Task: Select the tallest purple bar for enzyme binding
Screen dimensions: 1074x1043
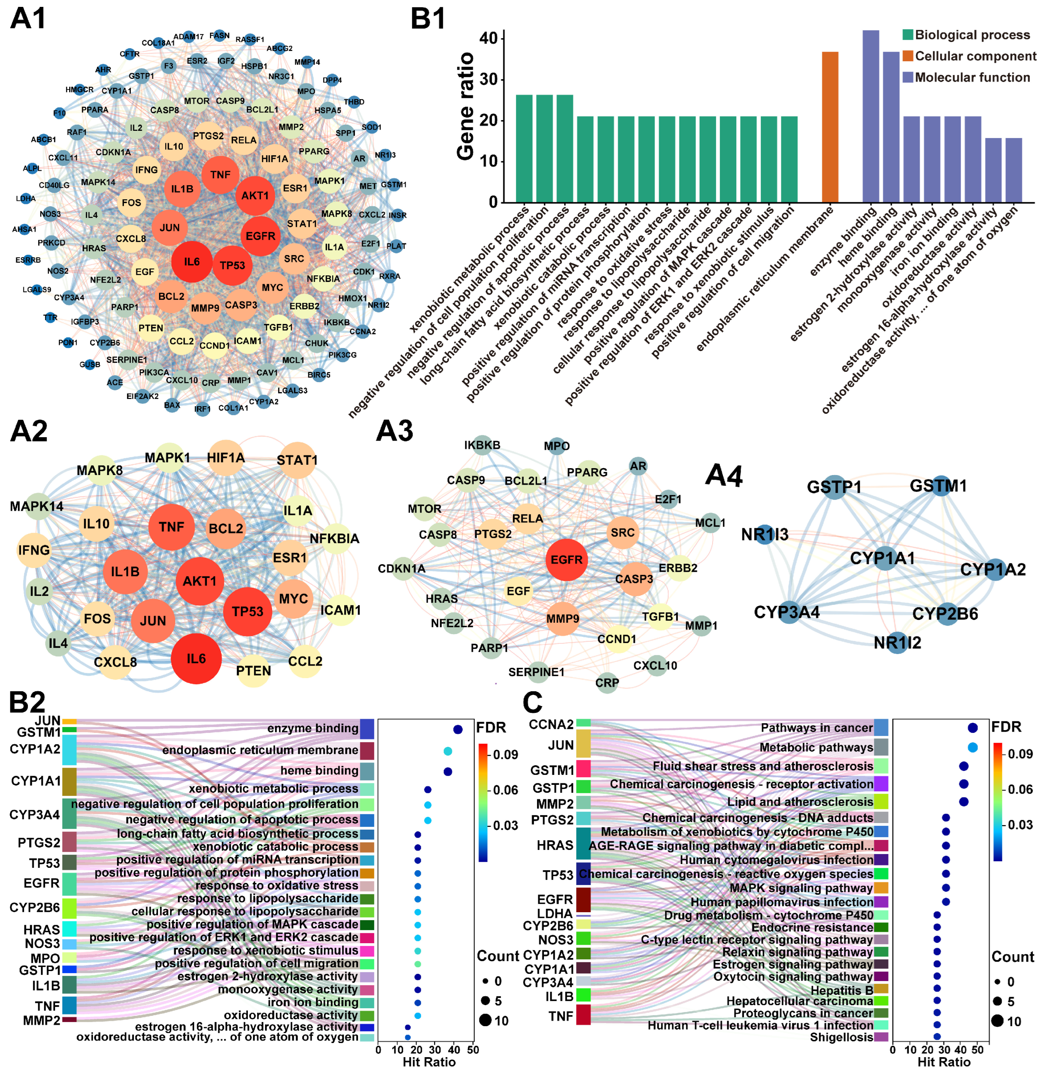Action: (871, 116)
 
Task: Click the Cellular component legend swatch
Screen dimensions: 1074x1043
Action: (908, 56)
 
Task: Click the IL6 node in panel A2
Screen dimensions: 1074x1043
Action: (196, 659)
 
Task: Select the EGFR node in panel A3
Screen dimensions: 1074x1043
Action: (567, 560)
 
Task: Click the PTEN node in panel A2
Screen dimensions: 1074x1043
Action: (253, 671)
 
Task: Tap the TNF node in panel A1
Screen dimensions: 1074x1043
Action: (220, 175)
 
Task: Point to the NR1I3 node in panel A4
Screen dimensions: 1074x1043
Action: (765, 534)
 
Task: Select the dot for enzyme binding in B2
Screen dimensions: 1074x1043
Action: (458, 729)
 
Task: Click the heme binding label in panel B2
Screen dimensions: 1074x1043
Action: (319, 771)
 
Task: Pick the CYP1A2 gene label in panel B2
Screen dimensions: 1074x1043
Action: (35, 749)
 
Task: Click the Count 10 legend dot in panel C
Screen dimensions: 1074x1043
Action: (997, 1021)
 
